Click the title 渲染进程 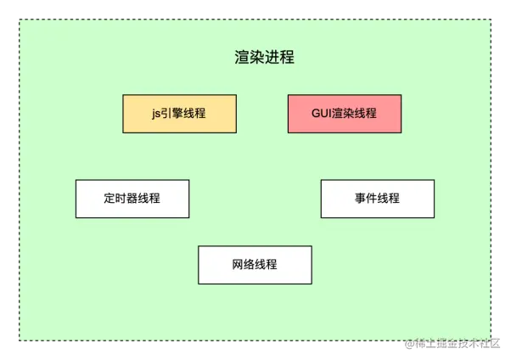click(265, 58)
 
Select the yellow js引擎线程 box click(179, 114)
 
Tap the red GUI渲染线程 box click(344, 114)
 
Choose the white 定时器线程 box click(132, 199)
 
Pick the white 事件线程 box click(377, 199)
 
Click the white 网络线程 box click(255, 265)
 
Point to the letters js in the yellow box click(156, 114)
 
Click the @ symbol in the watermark click(408, 345)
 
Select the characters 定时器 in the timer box click(121, 199)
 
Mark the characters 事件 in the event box click(366, 199)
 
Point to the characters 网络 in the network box click(244, 265)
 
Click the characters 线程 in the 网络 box click(266, 265)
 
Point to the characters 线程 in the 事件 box click(388, 199)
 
